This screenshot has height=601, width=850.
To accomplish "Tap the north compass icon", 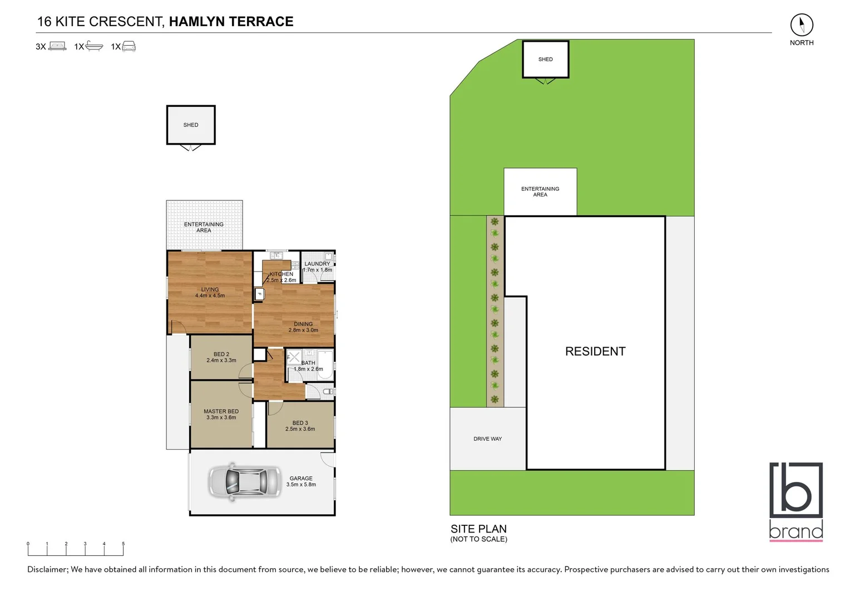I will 802,25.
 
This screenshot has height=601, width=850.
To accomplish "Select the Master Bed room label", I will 221,411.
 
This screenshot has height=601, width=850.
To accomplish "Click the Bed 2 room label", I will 221,354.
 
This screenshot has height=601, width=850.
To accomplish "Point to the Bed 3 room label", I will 300,423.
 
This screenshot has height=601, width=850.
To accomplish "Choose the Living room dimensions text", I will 210,295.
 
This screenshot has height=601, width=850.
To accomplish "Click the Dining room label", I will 303,324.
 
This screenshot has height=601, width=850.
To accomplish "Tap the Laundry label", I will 317,264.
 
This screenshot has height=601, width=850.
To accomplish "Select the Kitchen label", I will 281,274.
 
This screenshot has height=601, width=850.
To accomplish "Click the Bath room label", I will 308,363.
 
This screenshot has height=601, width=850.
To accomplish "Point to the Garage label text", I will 301,478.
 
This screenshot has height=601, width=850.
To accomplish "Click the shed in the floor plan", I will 191,125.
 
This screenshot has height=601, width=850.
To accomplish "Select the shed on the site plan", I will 545,60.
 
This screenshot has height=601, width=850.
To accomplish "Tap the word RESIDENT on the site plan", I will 595,351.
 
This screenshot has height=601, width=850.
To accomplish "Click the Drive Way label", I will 487,439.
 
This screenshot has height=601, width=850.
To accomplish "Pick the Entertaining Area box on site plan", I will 540,191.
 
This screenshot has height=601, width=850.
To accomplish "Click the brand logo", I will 796,500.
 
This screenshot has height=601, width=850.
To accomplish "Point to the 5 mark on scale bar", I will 123,544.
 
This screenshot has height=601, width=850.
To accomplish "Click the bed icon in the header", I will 57,46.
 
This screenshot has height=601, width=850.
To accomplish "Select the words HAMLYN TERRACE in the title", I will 231,22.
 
